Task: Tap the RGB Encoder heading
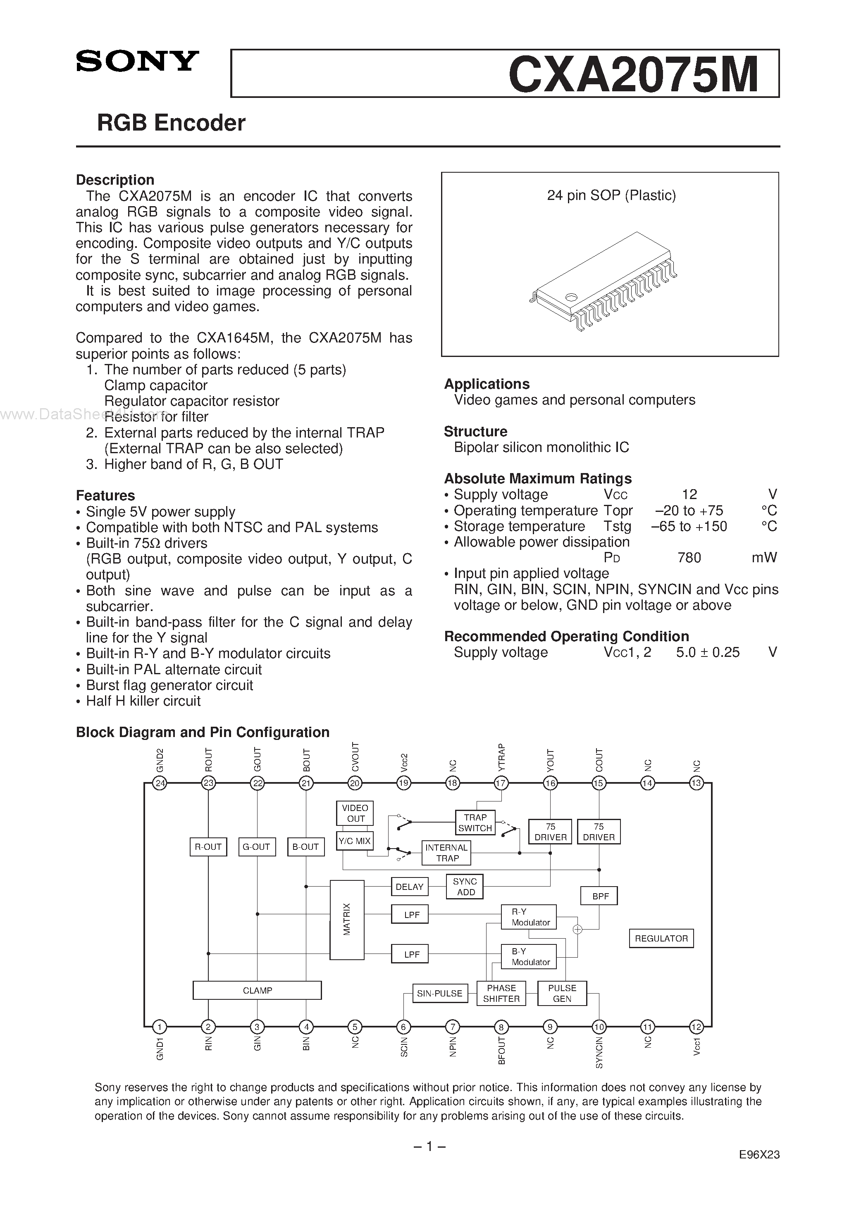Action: click(x=171, y=123)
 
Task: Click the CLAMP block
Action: click(x=257, y=990)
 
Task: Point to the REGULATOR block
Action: click(x=661, y=938)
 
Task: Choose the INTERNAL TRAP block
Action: click(x=446, y=853)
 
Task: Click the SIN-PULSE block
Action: click(x=439, y=993)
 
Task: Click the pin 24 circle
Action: click(x=160, y=783)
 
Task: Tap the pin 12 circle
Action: click(x=696, y=1027)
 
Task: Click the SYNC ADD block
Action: click(x=465, y=887)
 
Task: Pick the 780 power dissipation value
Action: click(x=689, y=558)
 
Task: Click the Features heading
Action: click(x=105, y=496)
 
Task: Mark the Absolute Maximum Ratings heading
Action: click(x=537, y=479)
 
